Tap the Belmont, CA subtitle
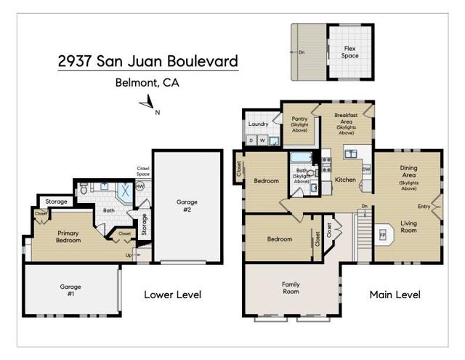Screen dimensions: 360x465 [147, 83]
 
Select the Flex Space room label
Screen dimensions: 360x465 [350, 52]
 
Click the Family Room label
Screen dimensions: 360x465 [291, 288]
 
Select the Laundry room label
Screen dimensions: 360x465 [259, 124]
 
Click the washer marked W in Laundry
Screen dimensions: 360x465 [262, 140]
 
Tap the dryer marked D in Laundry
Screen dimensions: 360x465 [251, 140]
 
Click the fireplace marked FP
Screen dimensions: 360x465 [382, 236]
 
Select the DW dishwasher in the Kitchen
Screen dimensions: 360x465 [366, 170]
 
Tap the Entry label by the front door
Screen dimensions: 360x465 [424, 206]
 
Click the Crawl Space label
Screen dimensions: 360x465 [143, 172]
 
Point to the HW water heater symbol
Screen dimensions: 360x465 [139, 186]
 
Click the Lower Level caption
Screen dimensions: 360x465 [172, 295]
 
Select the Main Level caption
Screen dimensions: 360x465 [395, 295]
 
